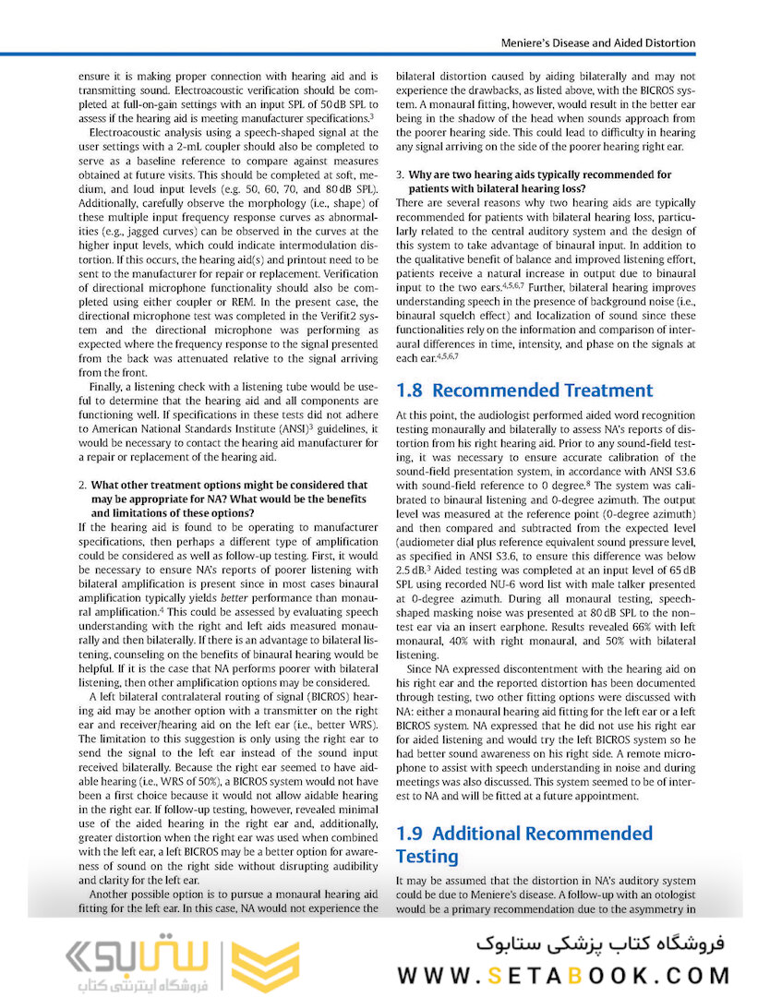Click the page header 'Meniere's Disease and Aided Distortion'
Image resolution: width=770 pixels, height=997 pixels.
click(597, 42)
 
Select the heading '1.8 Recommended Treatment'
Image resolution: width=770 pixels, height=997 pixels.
click(523, 390)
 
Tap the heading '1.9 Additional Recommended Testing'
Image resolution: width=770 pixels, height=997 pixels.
click(523, 845)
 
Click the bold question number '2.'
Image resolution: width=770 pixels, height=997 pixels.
click(83, 485)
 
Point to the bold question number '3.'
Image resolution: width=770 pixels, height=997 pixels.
click(400, 174)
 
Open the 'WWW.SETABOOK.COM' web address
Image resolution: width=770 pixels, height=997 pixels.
click(564, 975)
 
